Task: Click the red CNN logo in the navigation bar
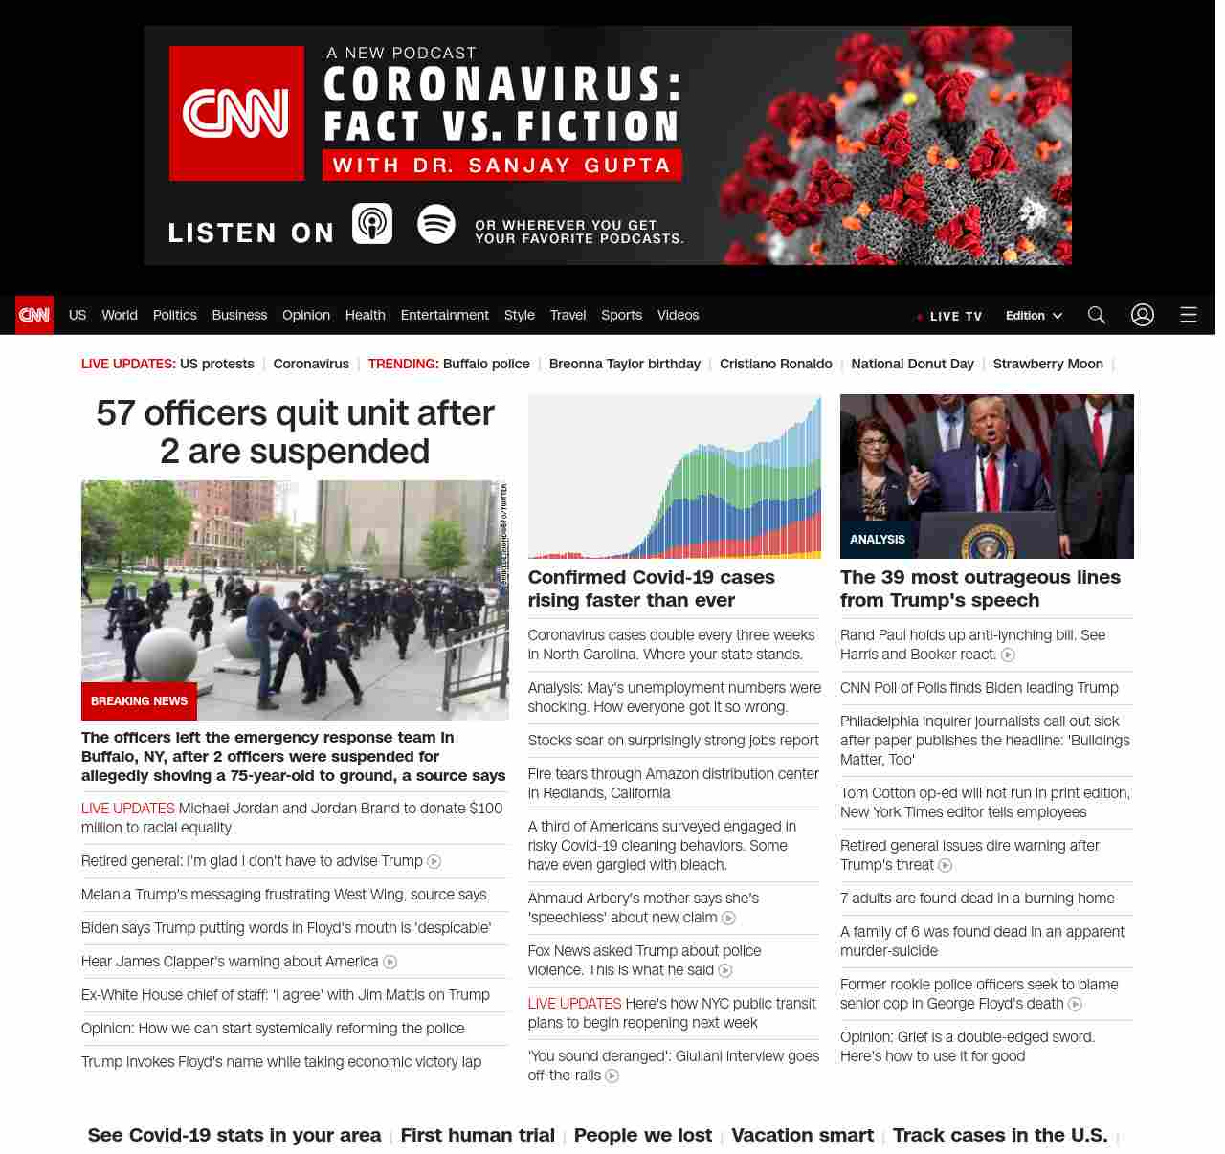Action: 34,315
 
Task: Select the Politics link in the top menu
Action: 174,315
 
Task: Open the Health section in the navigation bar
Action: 365,315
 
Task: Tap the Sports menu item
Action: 621,315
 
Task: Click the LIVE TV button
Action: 949,316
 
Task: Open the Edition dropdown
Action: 1034,316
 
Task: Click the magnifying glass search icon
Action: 1097,315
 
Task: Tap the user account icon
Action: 1143,315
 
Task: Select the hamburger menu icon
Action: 1189,315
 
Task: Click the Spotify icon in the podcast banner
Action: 436,224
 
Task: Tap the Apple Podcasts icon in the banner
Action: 372,224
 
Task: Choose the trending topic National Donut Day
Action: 912,364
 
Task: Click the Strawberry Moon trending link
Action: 1048,364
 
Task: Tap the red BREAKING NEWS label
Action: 139,701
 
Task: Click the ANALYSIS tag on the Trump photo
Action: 878,540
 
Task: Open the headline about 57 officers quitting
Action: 295,432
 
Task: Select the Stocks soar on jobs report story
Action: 673,741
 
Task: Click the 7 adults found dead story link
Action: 977,899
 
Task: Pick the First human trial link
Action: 478,1135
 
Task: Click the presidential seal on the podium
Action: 988,543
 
